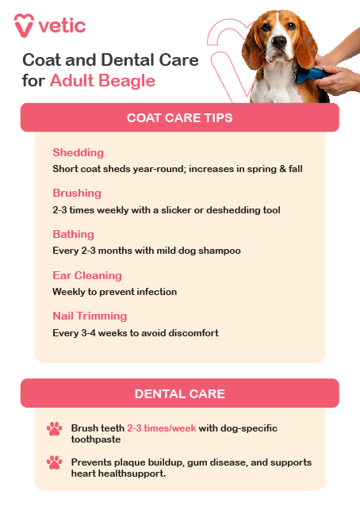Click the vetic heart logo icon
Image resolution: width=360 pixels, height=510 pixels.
(24, 24)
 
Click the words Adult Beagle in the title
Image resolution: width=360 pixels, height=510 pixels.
(102, 81)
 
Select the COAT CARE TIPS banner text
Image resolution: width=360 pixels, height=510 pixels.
(179, 118)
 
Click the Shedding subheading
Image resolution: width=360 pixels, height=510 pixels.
(78, 152)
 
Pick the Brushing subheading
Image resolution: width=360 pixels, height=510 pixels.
(77, 193)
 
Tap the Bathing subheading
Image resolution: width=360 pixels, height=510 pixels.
(73, 234)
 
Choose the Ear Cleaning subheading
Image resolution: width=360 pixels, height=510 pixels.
(87, 275)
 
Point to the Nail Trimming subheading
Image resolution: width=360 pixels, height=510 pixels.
(90, 316)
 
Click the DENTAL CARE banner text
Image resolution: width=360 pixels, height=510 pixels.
(179, 393)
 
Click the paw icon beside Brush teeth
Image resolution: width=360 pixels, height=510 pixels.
(54, 429)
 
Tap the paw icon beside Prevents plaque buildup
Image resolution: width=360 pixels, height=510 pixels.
(54, 462)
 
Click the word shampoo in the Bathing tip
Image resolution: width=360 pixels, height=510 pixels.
(218, 251)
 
